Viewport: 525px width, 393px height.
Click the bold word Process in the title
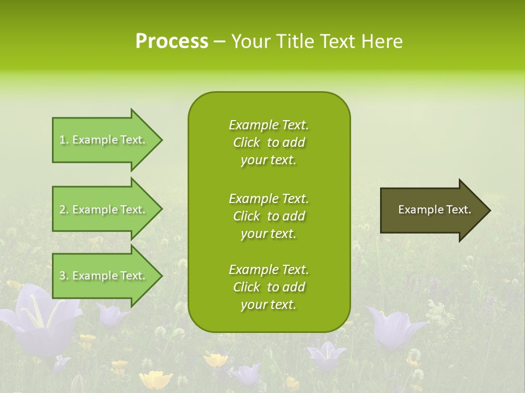coord(172,41)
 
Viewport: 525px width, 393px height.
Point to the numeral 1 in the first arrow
coord(63,140)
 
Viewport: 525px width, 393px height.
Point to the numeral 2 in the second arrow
coord(63,210)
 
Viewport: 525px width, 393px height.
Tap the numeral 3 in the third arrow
coord(63,276)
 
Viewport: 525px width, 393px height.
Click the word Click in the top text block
coord(246,142)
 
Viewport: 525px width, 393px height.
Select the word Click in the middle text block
coord(246,216)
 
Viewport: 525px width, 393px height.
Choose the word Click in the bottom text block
coord(246,287)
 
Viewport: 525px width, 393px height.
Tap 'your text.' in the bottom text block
coord(269,305)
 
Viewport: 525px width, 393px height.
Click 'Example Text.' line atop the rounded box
coord(269,125)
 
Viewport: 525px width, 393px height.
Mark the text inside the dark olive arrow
coord(434,210)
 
